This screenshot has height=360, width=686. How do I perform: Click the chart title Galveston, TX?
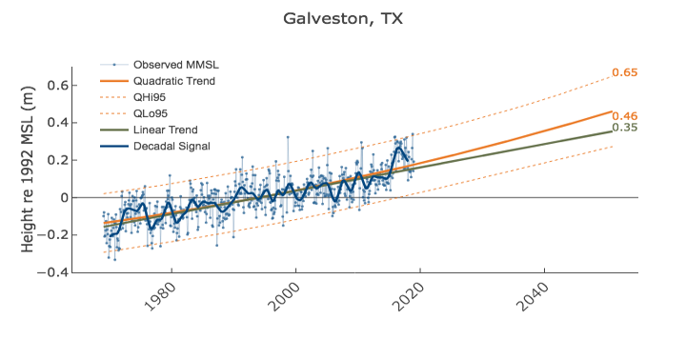click(x=342, y=18)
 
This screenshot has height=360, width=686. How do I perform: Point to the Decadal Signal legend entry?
click(x=171, y=146)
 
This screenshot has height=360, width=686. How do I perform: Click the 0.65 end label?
click(x=624, y=72)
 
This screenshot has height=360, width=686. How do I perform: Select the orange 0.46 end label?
click(x=624, y=115)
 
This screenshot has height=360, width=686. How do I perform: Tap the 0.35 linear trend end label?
click(x=624, y=128)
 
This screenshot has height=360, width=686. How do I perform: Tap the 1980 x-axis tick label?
click(x=159, y=300)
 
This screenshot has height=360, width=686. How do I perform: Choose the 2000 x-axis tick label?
click(x=284, y=300)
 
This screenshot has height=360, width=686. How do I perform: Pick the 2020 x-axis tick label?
click(x=408, y=300)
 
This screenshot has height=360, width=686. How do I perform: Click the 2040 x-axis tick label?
click(x=533, y=300)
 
